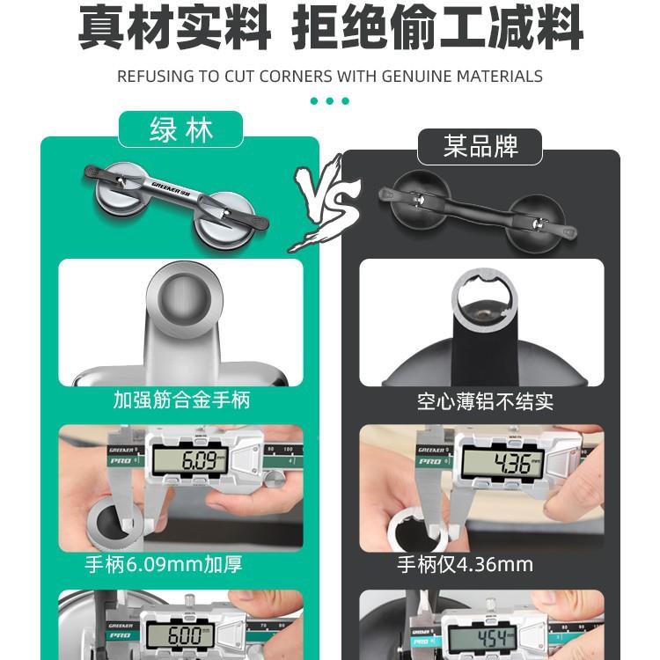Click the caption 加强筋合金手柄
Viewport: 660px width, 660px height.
(181, 400)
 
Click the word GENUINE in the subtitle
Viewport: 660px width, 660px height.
(418, 77)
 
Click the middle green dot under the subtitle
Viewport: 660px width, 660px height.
(330, 101)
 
